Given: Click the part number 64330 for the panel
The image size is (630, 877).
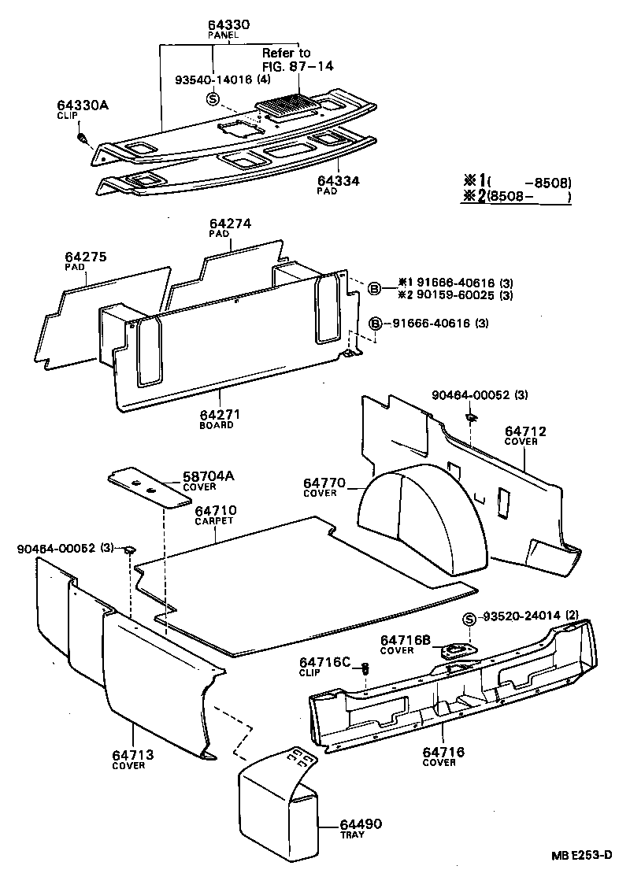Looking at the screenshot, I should (228, 25).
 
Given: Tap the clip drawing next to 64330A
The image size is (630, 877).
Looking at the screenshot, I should (83, 140).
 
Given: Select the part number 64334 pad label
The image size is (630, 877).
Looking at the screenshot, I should (339, 181).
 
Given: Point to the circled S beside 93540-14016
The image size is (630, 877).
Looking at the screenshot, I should (212, 98).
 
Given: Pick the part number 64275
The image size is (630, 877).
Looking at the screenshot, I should (86, 257).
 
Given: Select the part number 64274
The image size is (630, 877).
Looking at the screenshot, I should (230, 224).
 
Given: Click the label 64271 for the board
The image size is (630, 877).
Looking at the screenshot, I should (218, 414).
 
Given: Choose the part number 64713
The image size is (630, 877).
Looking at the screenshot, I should (132, 755).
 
